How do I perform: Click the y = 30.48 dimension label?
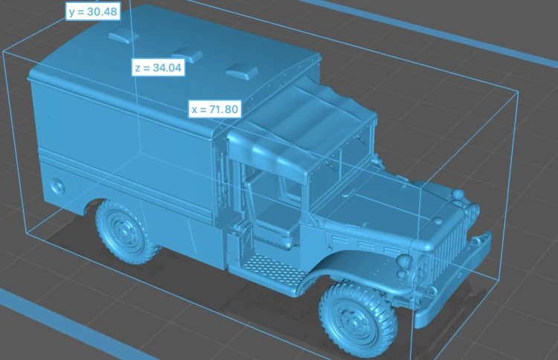click(x=93, y=11)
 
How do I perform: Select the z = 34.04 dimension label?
click(x=158, y=67)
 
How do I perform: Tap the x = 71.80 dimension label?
click(x=215, y=109)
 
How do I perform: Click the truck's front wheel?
click(x=357, y=318)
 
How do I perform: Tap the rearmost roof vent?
click(x=123, y=36)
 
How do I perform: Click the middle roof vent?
click(x=187, y=54)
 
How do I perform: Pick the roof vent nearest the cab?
click(x=242, y=71)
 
